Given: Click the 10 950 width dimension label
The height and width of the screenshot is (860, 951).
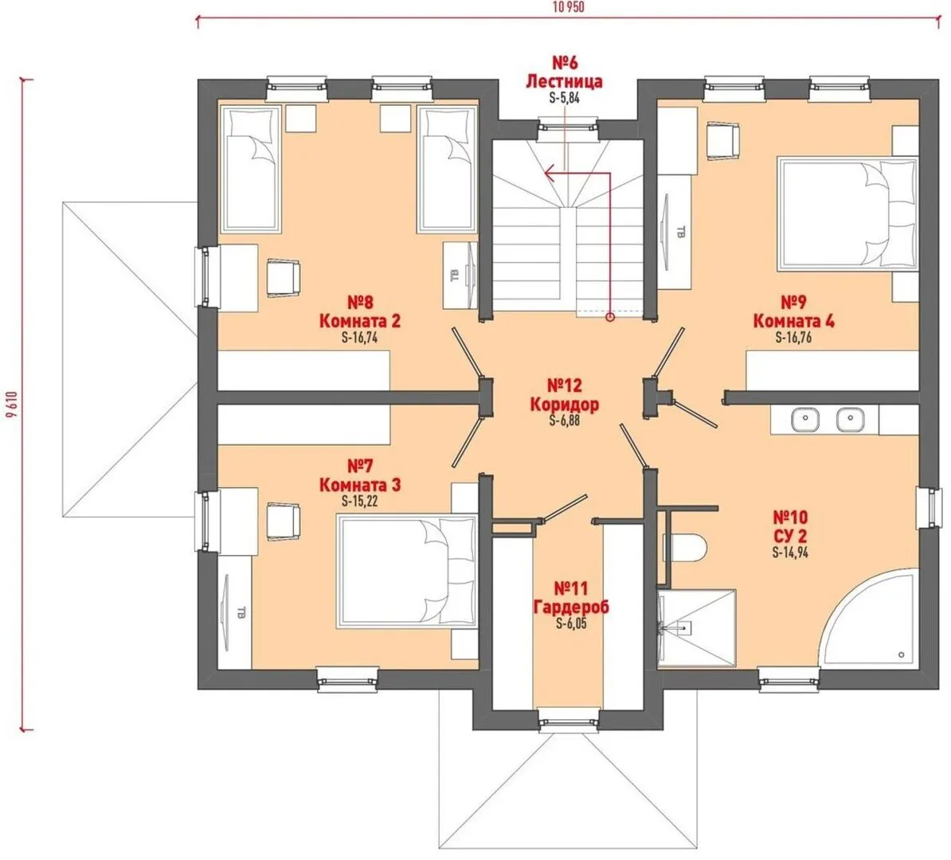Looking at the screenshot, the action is click(569, 7).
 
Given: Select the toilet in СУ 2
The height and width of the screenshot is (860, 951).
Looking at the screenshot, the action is click(685, 548).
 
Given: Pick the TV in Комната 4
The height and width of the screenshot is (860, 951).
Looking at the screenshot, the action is click(667, 231).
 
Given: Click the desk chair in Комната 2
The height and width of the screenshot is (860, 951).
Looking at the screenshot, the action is click(284, 277).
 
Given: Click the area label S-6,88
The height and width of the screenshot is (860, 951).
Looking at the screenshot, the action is click(565, 420).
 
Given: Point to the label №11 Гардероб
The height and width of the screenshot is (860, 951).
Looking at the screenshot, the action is click(571, 596).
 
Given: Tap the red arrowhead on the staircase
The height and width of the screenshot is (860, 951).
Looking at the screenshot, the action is click(550, 174).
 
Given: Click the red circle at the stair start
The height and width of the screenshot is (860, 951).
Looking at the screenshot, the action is click(610, 317).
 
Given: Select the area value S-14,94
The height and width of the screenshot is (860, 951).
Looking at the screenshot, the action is click(790, 552).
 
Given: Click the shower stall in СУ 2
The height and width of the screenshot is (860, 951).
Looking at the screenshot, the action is click(697, 627).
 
